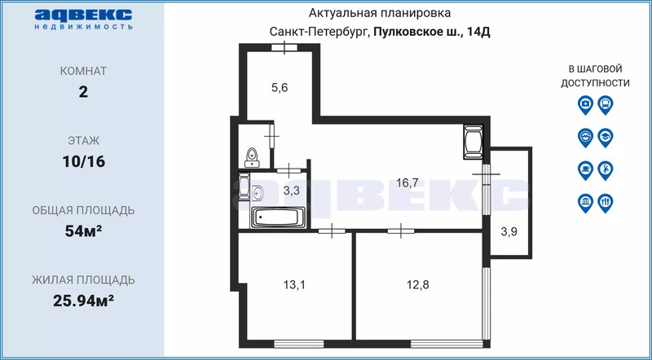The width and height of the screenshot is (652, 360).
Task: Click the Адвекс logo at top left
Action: click(84, 19)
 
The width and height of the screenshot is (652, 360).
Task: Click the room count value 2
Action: click(84, 92)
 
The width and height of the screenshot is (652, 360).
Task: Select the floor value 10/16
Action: click(84, 161)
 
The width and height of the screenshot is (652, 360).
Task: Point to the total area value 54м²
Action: click(84, 230)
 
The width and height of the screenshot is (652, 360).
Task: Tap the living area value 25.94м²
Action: click(84, 301)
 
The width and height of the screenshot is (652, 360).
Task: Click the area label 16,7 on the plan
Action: click(407, 183)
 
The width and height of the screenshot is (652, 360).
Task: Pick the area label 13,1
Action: click(294, 285)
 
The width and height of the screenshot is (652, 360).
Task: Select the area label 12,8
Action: click(417, 285)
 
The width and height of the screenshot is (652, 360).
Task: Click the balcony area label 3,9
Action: click(509, 232)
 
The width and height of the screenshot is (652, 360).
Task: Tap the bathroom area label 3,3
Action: click(292, 191)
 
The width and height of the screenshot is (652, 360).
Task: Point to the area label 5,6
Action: click(280, 88)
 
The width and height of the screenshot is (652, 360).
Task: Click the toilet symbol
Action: click(252, 157)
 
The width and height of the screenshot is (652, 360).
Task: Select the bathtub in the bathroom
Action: click(279, 217)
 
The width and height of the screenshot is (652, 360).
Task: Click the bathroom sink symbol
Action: click(258, 192)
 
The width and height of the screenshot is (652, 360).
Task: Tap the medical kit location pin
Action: click(585, 105)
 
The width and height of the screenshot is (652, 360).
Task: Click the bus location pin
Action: click(606, 105)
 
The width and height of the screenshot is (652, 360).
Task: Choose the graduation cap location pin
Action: click(606, 138)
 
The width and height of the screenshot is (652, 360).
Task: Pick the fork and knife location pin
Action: click(606, 204)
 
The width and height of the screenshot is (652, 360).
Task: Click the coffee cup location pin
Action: click(585, 170)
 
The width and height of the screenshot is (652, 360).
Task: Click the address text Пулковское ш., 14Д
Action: click(432, 32)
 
